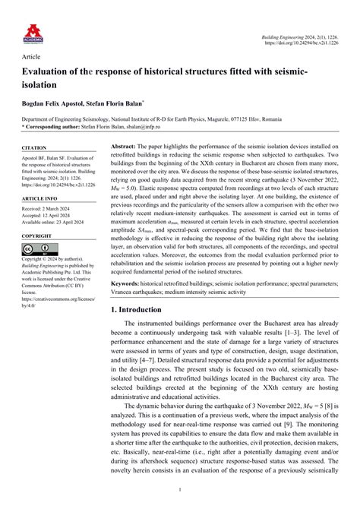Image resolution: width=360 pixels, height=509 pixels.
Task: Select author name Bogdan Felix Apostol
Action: click(56, 103)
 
